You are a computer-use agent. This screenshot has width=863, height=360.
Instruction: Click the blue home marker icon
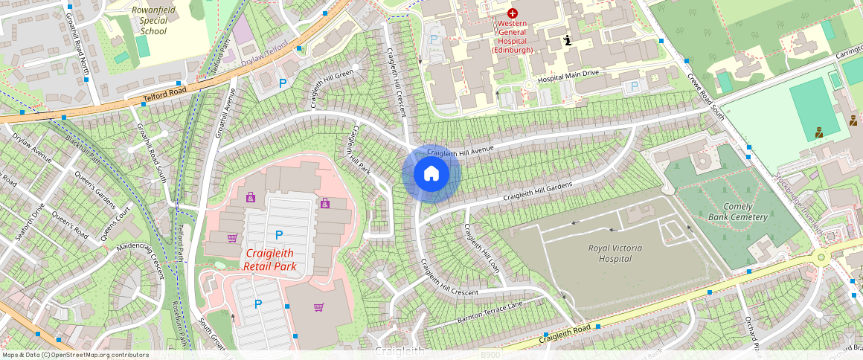pos(431,173)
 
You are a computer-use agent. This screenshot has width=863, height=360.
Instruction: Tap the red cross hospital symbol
pos(512,13)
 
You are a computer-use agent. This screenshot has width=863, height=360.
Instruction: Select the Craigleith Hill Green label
pos(332,89)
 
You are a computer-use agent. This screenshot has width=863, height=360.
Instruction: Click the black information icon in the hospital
pos(568,40)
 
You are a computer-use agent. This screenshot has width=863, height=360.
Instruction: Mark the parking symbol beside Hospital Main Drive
pos(634,87)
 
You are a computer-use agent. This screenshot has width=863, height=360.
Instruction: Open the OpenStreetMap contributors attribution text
pos(74,355)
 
